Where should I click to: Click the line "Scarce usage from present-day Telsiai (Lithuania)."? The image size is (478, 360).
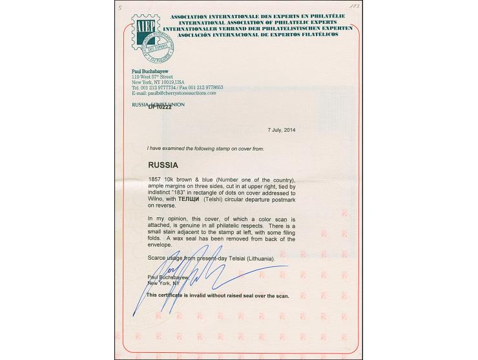point(211,259)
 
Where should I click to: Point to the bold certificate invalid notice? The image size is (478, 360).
point(218,295)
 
